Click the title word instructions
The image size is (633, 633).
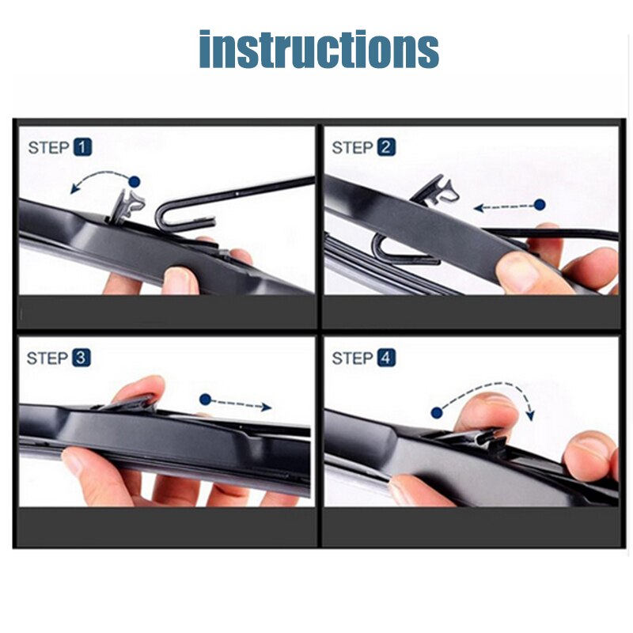click(318, 49)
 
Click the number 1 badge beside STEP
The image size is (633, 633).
click(83, 147)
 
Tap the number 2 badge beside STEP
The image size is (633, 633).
click(386, 147)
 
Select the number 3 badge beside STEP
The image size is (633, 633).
click(81, 358)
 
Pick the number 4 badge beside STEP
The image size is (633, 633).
click(386, 358)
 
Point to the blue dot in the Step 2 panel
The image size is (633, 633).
click(540, 205)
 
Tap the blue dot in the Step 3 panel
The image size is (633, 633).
click(206, 400)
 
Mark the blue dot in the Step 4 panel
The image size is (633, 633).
click(436, 412)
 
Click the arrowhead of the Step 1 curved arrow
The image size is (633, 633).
click(74, 189)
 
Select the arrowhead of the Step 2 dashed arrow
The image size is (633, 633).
click(478, 209)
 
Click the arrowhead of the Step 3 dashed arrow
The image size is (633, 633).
click(267, 407)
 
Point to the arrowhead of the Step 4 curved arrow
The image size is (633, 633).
click(529, 416)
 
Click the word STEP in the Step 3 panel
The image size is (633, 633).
click(47, 358)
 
